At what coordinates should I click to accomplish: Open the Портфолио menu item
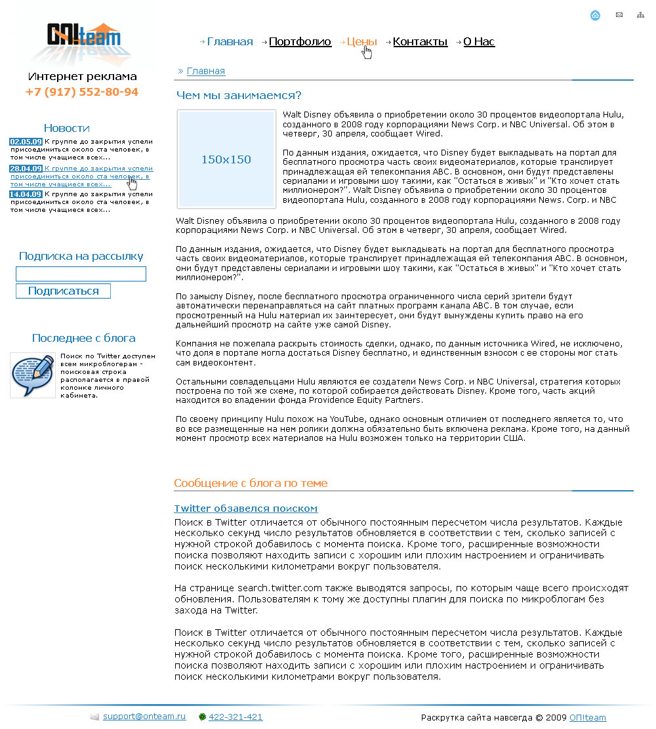[300, 42]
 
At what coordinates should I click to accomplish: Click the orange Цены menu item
[361, 42]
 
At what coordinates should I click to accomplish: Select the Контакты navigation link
[420, 42]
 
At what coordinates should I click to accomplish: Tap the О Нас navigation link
[479, 42]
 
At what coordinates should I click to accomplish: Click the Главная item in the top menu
[230, 42]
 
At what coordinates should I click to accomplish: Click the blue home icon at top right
[595, 15]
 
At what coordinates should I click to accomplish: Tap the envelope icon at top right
[619, 15]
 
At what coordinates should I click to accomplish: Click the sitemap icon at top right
[640, 15]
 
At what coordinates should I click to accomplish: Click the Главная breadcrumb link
[205, 71]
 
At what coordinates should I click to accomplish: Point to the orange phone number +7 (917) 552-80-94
[82, 92]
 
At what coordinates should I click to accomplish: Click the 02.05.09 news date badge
[26, 142]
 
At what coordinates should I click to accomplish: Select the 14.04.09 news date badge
[26, 194]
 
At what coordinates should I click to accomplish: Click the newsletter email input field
[81, 274]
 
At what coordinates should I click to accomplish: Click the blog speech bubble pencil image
[32, 375]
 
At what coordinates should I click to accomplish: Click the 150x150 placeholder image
[226, 159]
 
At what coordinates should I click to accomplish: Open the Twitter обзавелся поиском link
[245, 509]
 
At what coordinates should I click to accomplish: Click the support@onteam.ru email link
[144, 717]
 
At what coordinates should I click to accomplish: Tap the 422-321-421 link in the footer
[236, 717]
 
